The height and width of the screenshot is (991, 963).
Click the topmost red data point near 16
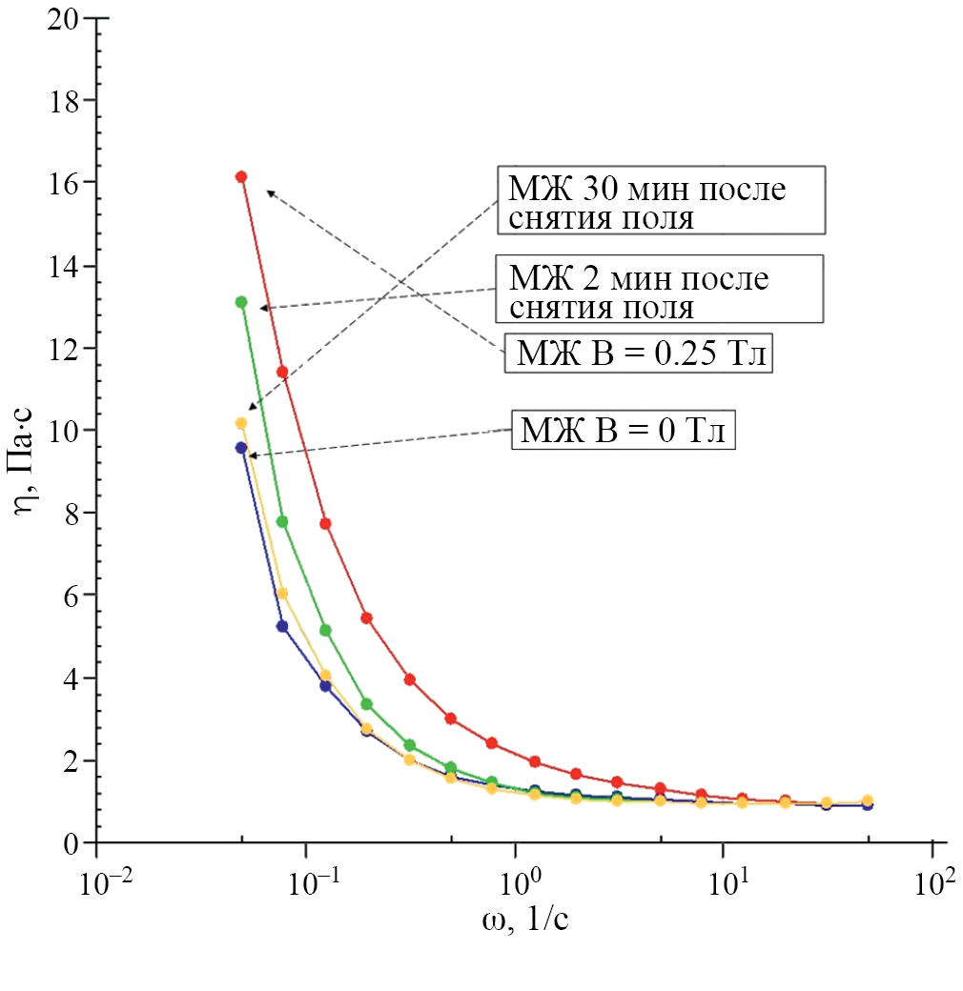[x=241, y=176]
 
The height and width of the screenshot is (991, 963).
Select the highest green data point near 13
[x=241, y=302]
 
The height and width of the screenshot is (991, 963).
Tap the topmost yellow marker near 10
[x=241, y=423]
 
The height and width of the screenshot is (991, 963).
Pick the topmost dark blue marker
[x=241, y=447]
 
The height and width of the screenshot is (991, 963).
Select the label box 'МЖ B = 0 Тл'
[x=623, y=431]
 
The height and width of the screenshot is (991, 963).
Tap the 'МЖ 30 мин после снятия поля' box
[x=660, y=201]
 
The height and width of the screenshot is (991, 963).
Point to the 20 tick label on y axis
[x=64, y=18]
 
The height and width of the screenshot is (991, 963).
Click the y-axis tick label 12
[x=64, y=348]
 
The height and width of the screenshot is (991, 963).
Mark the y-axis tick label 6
[x=74, y=596]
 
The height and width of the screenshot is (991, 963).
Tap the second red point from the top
[x=282, y=372]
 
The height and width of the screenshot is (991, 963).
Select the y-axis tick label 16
[x=64, y=182]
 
